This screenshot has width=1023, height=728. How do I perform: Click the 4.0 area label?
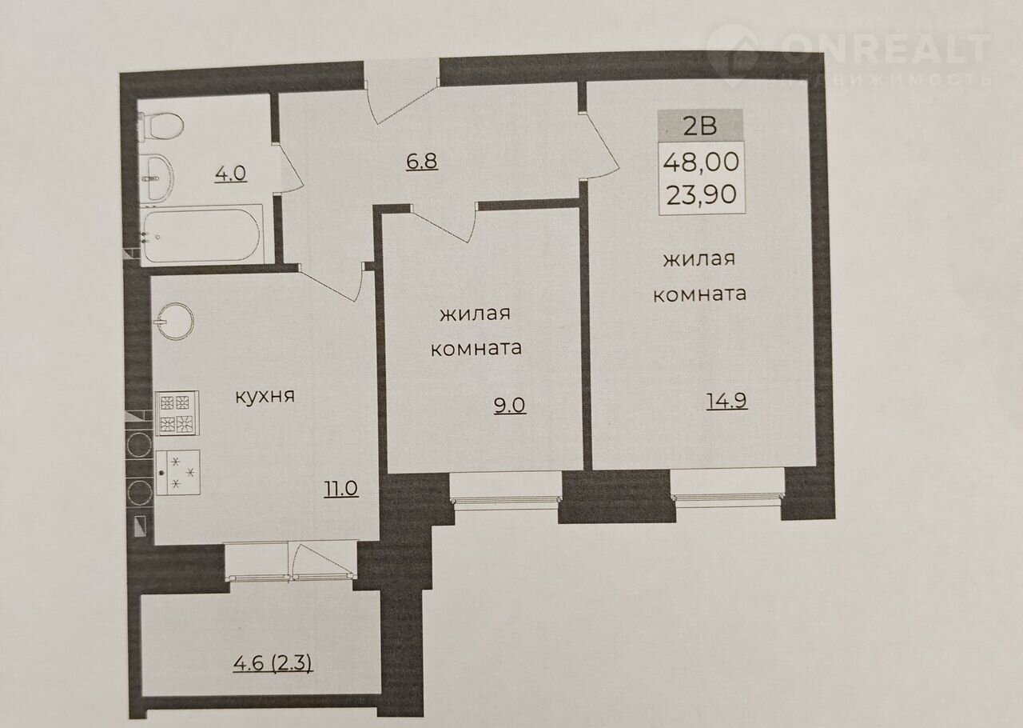[230, 174]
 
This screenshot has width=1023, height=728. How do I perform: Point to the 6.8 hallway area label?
[422, 162]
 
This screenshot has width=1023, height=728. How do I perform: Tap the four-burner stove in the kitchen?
[177, 413]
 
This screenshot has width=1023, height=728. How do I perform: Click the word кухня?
[265, 396]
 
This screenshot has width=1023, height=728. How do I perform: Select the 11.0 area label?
[340, 489]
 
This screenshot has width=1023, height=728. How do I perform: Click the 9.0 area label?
[510, 405]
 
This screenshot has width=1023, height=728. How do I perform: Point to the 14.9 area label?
[726, 401]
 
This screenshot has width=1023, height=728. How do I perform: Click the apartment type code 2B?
[700, 126]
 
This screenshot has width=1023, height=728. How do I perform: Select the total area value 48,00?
[701, 162]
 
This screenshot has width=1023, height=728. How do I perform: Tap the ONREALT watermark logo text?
[886, 49]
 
